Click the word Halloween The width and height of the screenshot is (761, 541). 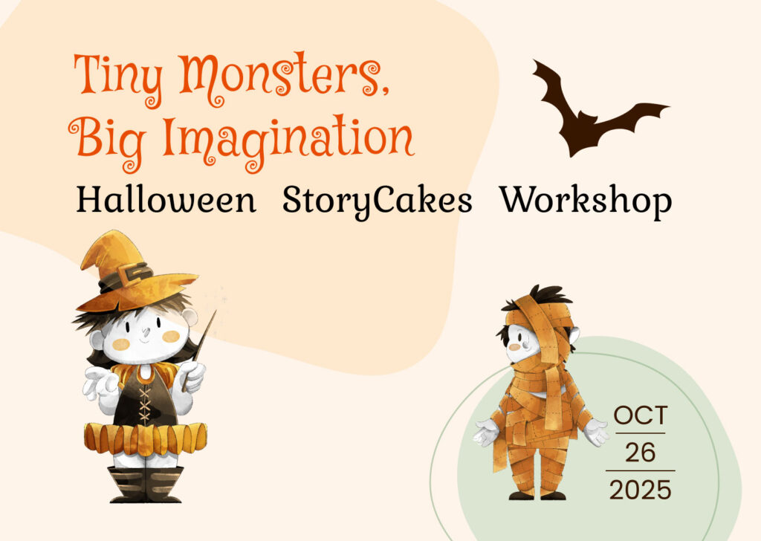pyautogui.click(x=166, y=201)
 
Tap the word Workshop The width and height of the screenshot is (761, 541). pyautogui.click(x=586, y=201)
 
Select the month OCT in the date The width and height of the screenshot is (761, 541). pyautogui.click(x=641, y=415)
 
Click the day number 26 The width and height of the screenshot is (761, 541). pyautogui.click(x=640, y=452)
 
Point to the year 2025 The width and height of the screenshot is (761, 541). pyautogui.click(x=640, y=490)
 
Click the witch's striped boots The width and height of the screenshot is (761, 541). pyautogui.click(x=145, y=483)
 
